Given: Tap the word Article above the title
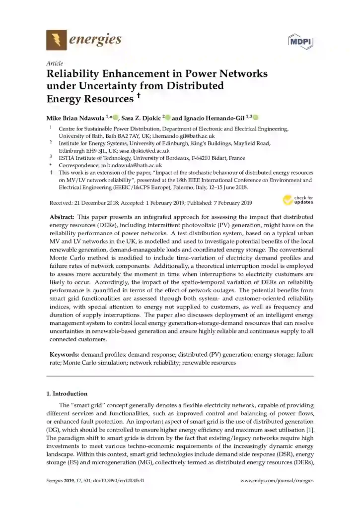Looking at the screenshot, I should tap(54, 63).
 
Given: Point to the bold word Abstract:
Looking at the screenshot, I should tap(62, 217).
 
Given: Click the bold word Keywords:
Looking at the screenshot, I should tap(64, 355).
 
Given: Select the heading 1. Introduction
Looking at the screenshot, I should tap(67, 393).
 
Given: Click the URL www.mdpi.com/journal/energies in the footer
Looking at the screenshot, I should tap(277, 481).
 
